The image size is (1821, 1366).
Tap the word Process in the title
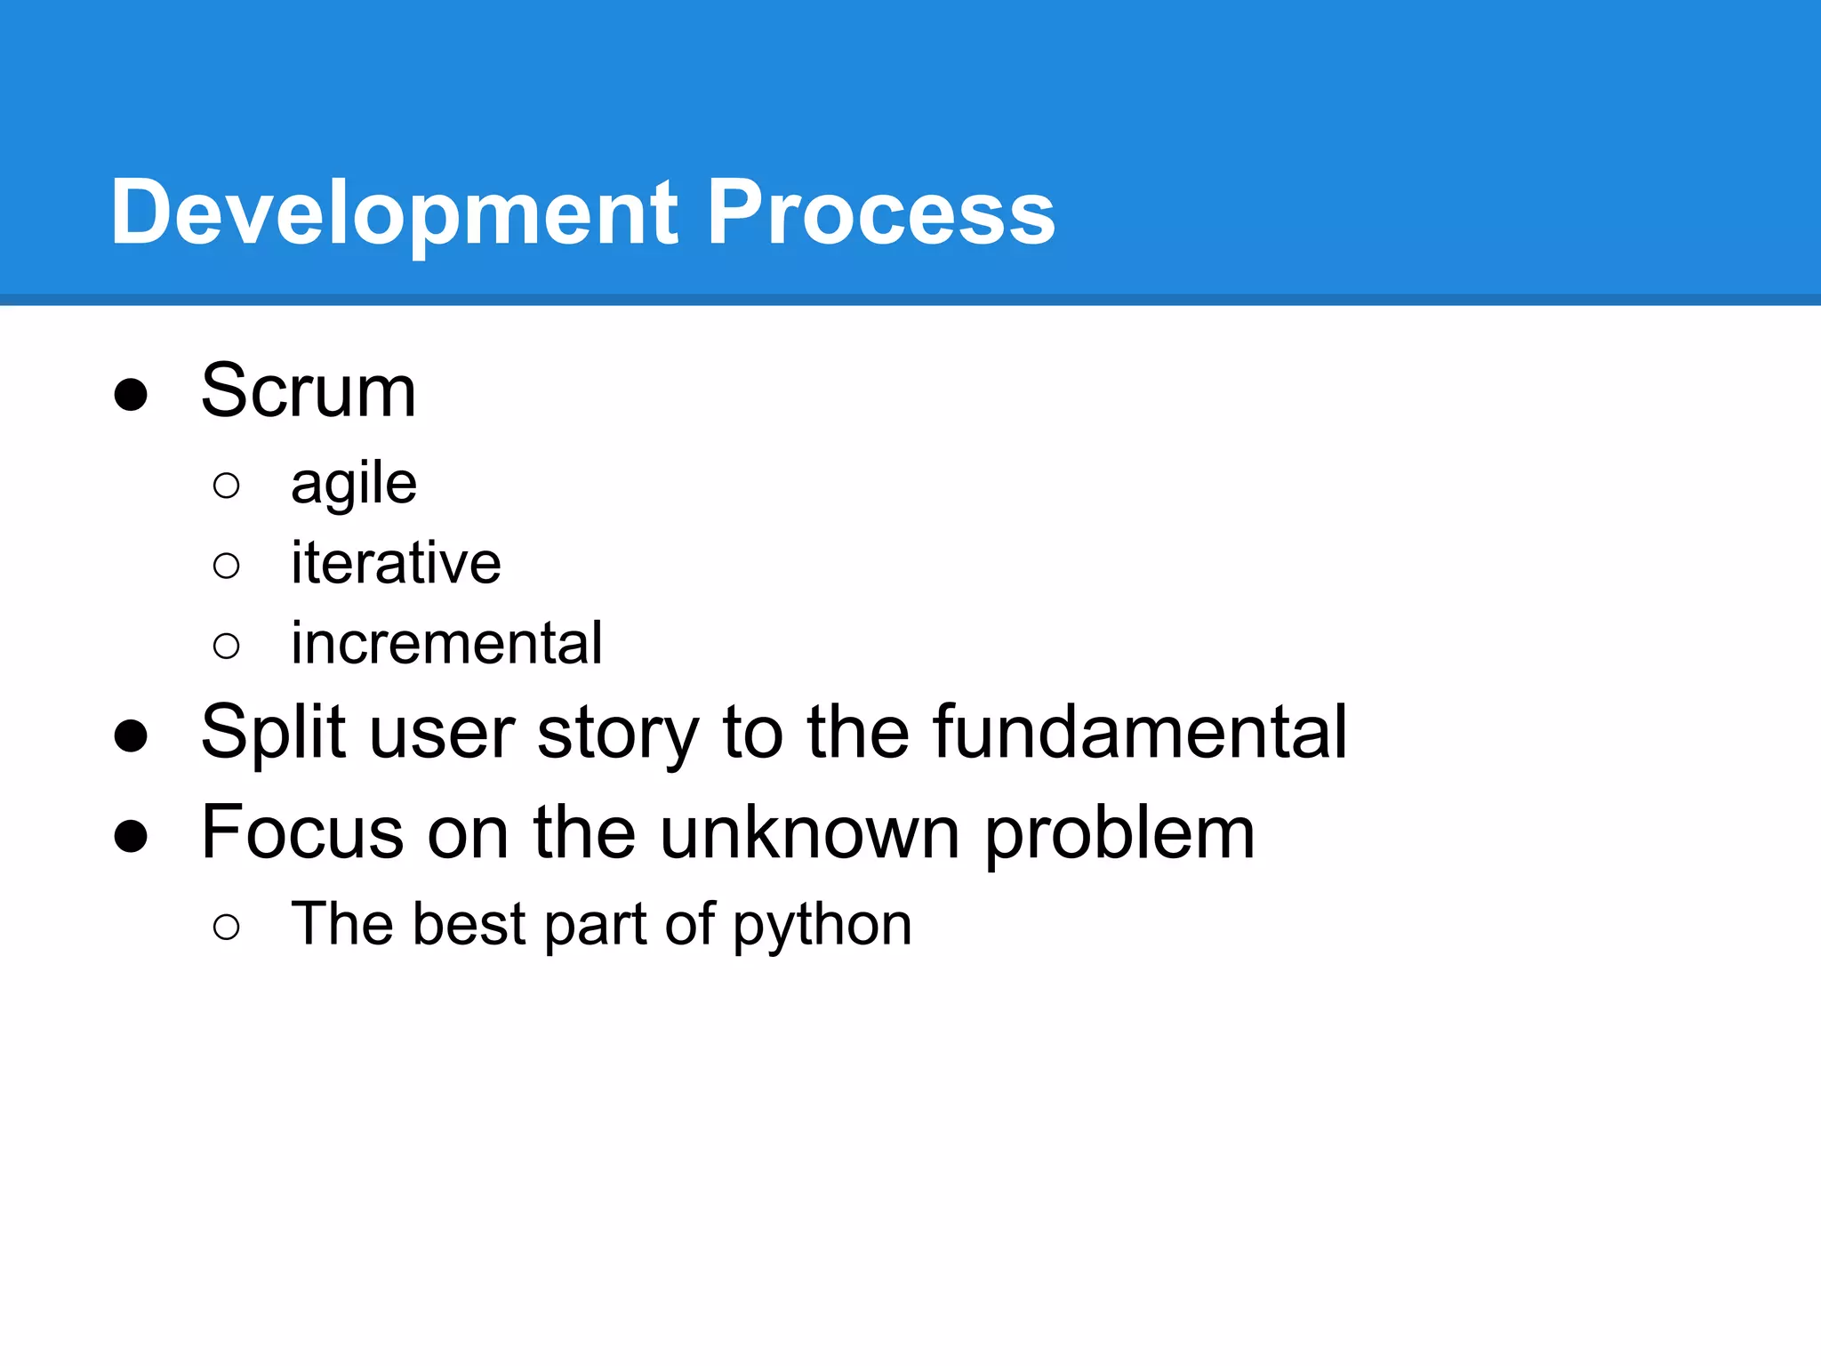(x=880, y=213)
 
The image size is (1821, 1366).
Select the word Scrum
(x=309, y=391)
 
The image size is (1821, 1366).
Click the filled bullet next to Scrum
(x=131, y=395)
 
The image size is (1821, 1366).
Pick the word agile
(x=354, y=485)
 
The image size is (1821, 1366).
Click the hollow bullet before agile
(x=227, y=486)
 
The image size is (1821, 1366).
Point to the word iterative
(x=396, y=563)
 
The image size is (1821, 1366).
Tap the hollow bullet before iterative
(x=227, y=566)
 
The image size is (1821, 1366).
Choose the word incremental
(x=446, y=643)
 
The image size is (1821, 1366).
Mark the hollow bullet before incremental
(x=227, y=646)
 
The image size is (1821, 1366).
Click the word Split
(x=273, y=733)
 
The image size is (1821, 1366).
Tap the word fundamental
(x=1140, y=731)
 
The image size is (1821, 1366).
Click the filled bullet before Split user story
(x=131, y=735)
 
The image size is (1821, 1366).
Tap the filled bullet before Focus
(x=131, y=836)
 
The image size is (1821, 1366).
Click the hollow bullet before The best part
(x=227, y=928)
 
